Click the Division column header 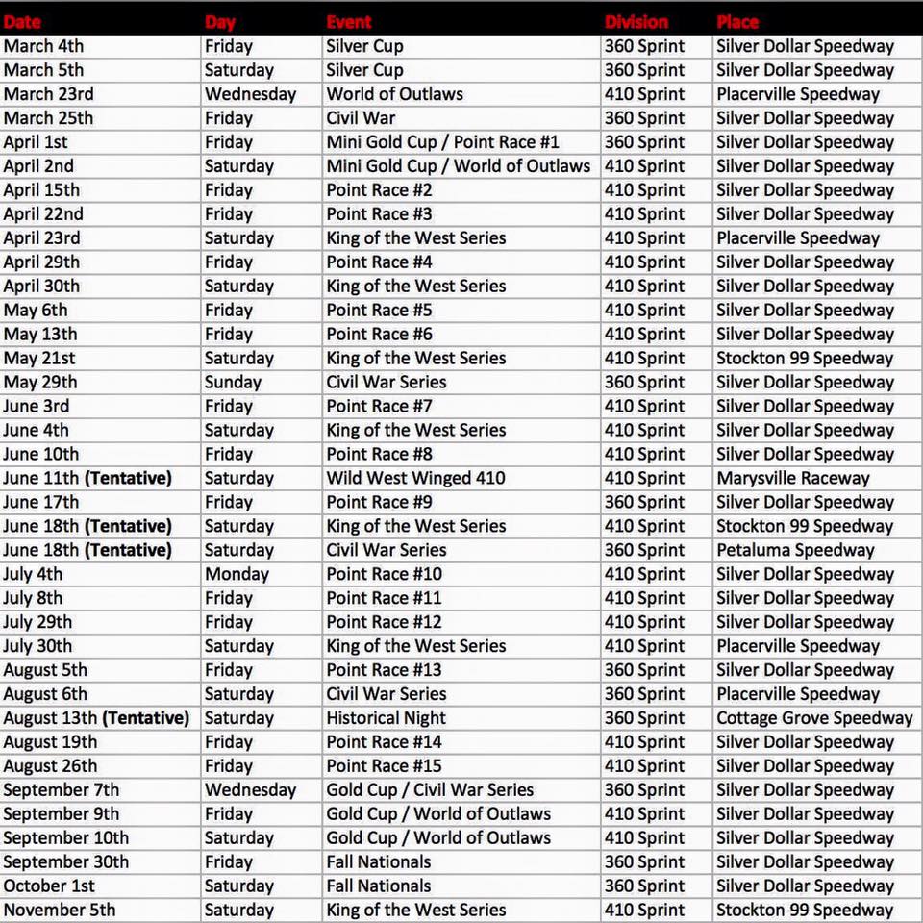636,21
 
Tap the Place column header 737,21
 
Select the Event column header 349,21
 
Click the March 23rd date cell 49,94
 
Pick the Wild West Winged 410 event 415,478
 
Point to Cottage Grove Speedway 814,718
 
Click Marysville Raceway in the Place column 792,478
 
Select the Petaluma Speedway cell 795,550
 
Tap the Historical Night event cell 387,718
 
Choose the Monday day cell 237,574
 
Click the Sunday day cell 233,382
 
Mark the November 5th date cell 60,910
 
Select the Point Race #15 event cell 384,766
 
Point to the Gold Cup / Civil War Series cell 430,790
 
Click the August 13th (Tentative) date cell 96,718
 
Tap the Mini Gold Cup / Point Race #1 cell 442,142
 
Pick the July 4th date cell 33,574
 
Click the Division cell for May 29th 644,382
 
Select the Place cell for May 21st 805,358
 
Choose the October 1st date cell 49,886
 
